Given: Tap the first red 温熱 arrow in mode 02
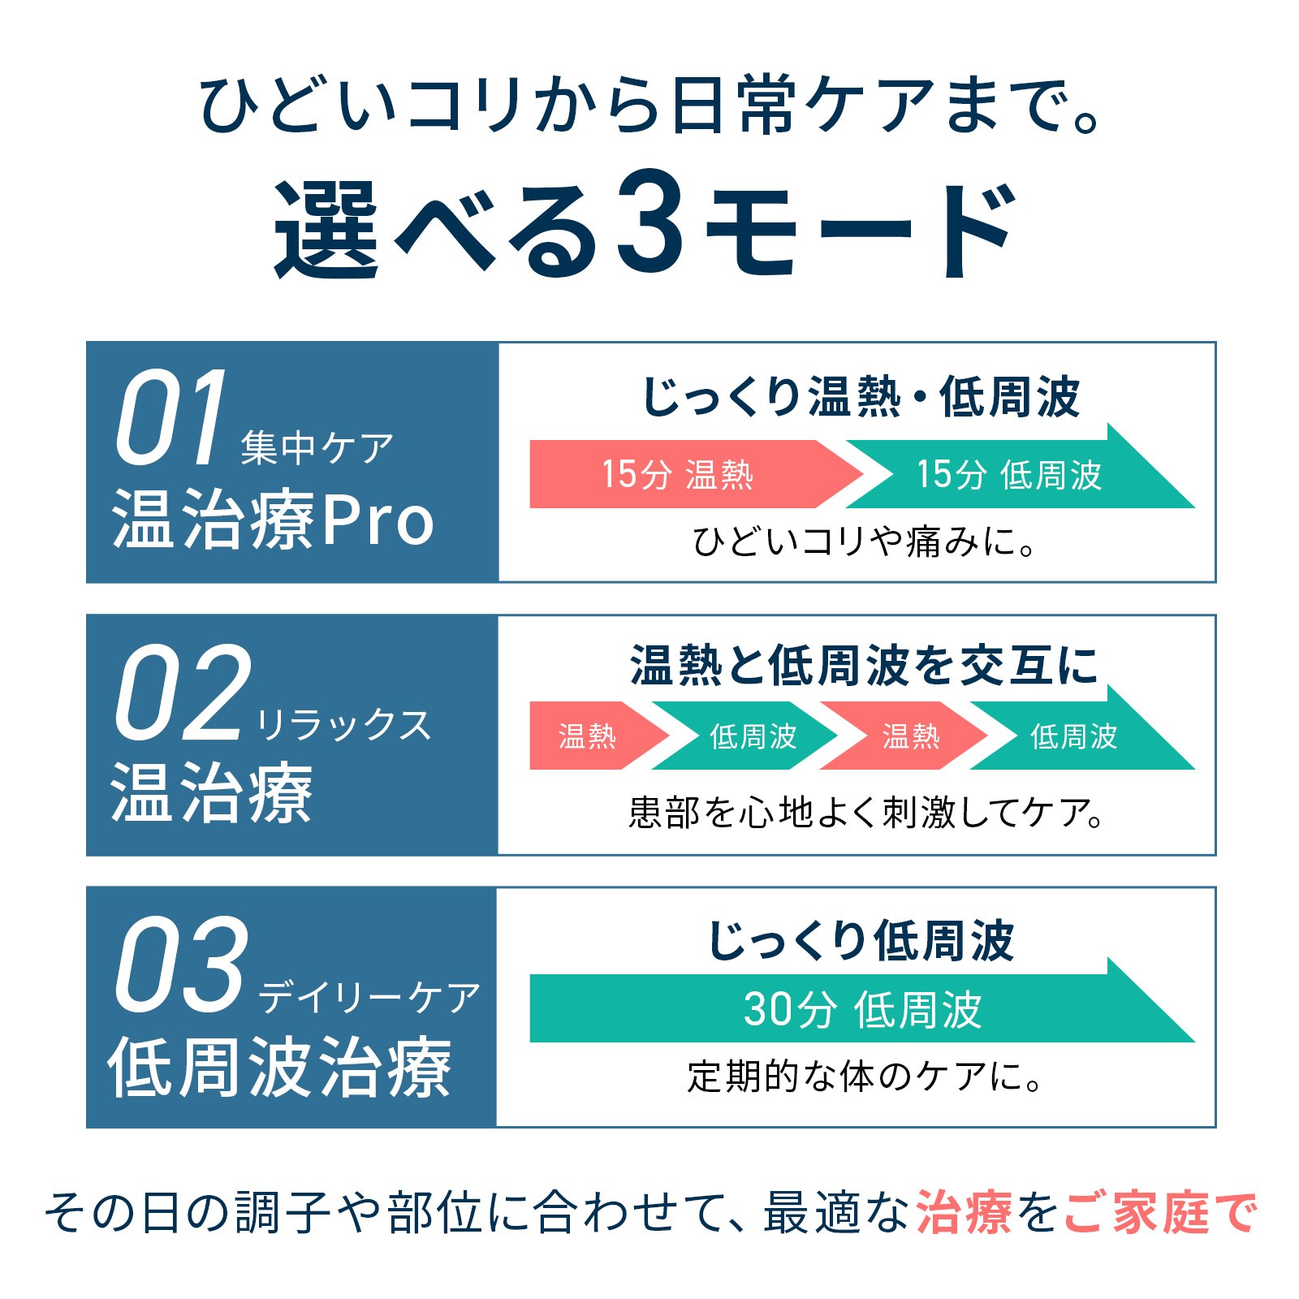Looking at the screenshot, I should click(588, 736).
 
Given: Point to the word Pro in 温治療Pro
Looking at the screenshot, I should click(378, 520).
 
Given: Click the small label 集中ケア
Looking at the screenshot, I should click(317, 447).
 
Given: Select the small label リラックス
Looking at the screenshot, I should click(343, 725).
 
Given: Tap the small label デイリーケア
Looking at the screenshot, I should click(370, 998).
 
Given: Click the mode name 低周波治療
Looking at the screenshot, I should click(280, 1068).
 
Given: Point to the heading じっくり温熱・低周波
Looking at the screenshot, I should click(861, 397).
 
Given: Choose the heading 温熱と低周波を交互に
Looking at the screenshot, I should click(864, 666).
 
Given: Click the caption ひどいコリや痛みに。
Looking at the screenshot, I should click(864, 542).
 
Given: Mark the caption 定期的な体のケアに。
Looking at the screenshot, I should click(864, 1077).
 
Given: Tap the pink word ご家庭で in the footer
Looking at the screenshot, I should click(1161, 1214).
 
